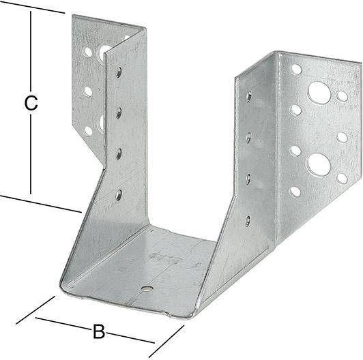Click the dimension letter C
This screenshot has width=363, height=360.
tap(30, 104)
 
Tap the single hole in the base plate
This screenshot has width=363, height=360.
tap(147, 288)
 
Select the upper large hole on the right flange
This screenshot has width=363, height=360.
tap(319, 92)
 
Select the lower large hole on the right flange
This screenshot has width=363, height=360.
tap(318, 164)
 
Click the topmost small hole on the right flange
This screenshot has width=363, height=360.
tap(296, 69)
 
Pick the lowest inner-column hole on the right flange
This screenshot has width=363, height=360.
tap(295, 192)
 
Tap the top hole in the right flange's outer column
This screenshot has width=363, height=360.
tap(342, 96)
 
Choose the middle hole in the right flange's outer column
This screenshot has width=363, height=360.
tap(342, 137)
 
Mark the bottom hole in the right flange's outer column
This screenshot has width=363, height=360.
tap(342, 178)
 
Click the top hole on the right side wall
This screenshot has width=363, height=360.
tap(248, 96)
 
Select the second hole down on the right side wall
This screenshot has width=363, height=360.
tap(248, 137)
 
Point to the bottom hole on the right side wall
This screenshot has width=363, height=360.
tap(248, 220)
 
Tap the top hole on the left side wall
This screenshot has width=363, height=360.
tap(119, 72)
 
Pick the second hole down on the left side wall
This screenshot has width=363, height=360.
tap(118, 112)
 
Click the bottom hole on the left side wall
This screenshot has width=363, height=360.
tap(119, 195)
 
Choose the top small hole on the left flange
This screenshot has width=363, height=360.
tap(88, 51)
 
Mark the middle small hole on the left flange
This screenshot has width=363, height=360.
tap(88, 91)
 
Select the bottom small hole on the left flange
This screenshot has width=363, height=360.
tap(88, 130)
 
